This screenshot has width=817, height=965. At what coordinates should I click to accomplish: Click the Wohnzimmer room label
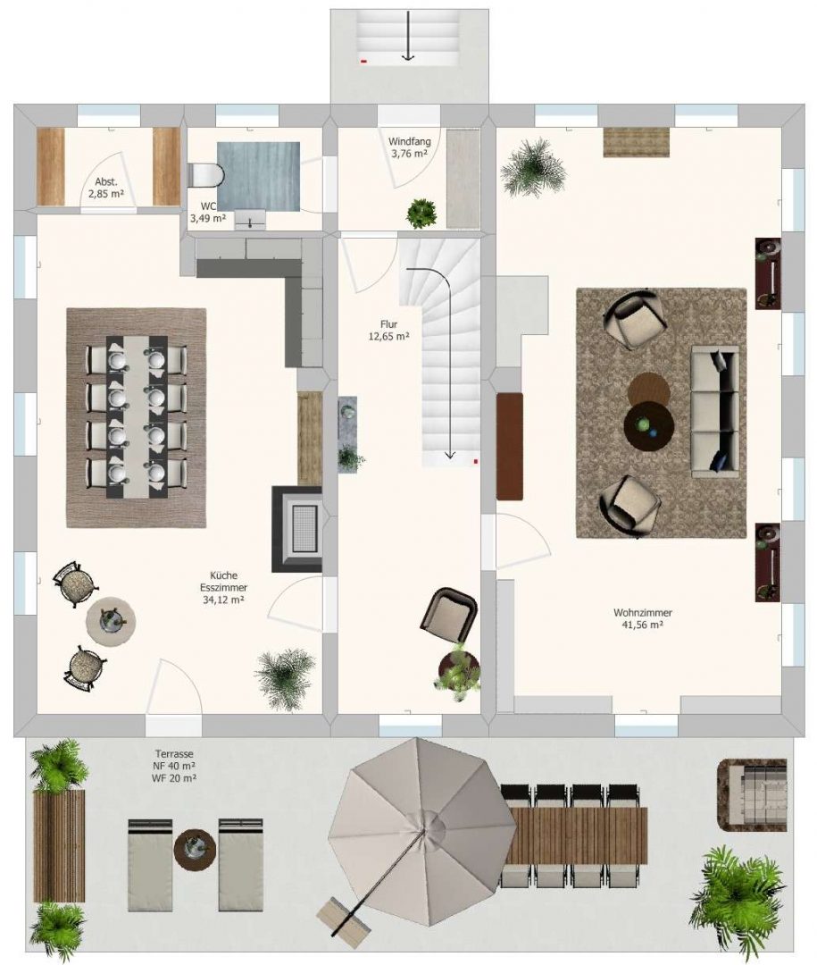[642, 613]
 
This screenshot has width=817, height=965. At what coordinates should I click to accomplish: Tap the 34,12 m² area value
[223, 600]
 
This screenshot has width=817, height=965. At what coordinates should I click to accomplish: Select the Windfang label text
[409, 141]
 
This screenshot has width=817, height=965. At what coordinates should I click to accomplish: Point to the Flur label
[388, 324]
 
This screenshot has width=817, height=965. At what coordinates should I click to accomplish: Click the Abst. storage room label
[106, 182]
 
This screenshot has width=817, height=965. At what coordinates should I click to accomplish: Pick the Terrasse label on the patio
[174, 754]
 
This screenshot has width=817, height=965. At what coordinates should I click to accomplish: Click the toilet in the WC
[204, 175]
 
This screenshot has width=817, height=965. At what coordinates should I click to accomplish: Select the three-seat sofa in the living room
[715, 412]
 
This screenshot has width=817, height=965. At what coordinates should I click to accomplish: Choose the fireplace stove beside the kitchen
[297, 529]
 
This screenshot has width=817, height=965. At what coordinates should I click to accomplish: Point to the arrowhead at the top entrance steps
[407, 57]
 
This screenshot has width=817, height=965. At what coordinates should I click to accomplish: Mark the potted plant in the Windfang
[422, 213]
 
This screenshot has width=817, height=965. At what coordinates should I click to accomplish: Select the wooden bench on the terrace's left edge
[58, 845]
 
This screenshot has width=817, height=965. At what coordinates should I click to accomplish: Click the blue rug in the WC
[258, 177]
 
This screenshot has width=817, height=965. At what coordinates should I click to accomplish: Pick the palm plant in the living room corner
[533, 167]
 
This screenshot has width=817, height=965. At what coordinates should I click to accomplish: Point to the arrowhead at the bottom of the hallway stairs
[450, 456]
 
